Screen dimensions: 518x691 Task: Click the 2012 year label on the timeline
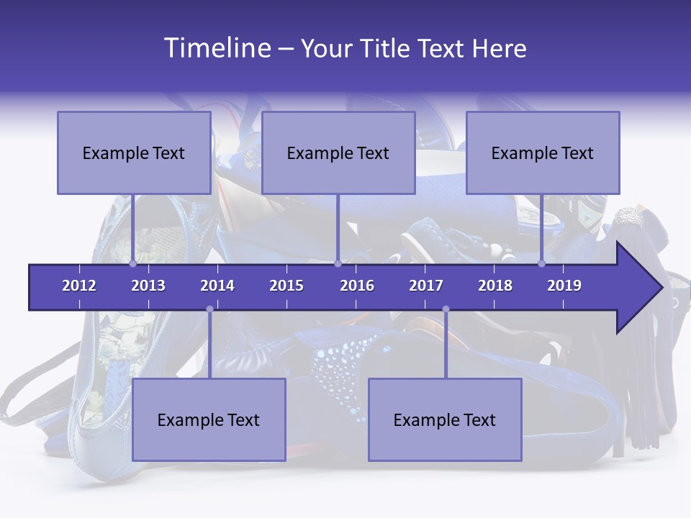click(79, 286)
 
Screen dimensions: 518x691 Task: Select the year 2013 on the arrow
click(148, 286)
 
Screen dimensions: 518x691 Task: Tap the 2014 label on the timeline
click(217, 286)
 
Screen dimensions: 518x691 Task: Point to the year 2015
click(286, 286)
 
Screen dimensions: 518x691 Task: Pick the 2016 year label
click(357, 286)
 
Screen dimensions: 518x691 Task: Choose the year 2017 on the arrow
click(426, 286)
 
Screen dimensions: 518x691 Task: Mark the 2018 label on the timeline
click(495, 286)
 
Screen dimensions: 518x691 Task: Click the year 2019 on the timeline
click(564, 286)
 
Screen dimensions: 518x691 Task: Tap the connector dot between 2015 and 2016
click(338, 264)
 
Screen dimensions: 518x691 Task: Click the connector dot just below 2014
click(209, 309)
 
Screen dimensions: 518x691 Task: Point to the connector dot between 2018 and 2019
click(542, 264)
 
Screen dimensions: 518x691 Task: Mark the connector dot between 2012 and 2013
click(133, 264)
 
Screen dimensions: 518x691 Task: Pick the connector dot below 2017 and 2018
click(446, 309)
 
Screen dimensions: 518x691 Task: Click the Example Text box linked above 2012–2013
click(134, 153)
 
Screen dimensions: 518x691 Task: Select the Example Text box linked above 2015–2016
click(338, 153)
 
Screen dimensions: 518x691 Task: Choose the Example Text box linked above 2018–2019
click(543, 153)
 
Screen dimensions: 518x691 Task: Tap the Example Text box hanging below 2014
click(209, 419)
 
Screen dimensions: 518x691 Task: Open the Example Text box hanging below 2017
click(445, 419)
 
